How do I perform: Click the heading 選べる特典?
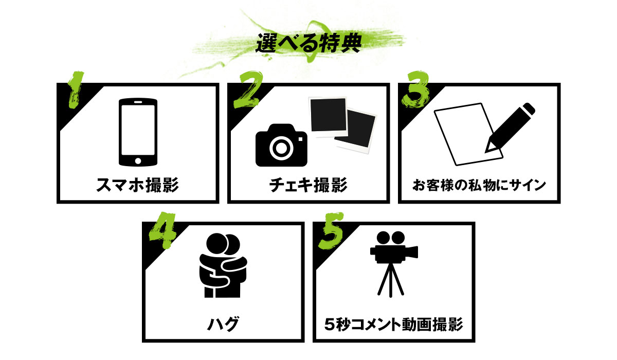click(308, 43)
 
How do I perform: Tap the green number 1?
click(75, 89)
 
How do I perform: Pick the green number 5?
click(331, 231)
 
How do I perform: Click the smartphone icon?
click(138, 132)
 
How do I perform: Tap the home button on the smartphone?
click(138, 161)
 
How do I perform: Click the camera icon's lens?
click(281, 148)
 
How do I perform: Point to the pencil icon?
click(510, 128)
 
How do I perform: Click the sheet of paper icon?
click(468, 134)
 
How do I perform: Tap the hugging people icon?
click(223, 265)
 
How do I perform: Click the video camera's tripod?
click(391, 280)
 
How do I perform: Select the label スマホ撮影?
click(138, 185)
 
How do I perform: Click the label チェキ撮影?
click(308, 185)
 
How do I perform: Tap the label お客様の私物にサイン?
click(479, 185)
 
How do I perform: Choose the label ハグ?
click(223, 324)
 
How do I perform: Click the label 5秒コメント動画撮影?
click(394, 324)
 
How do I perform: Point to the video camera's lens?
click(412, 252)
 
